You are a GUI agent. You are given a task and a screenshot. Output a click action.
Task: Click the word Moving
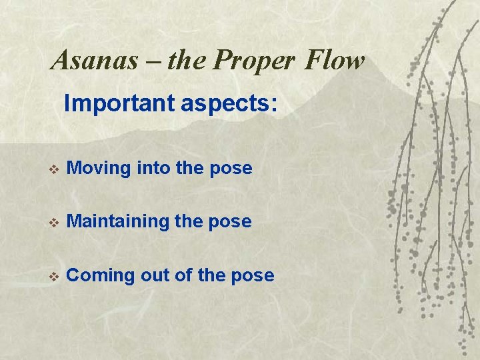[x=99, y=169]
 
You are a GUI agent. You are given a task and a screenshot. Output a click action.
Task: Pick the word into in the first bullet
[x=153, y=168]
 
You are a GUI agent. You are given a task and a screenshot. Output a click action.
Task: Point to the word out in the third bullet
[x=156, y=275]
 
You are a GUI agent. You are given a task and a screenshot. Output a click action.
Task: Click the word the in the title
[x=189, y=61]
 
